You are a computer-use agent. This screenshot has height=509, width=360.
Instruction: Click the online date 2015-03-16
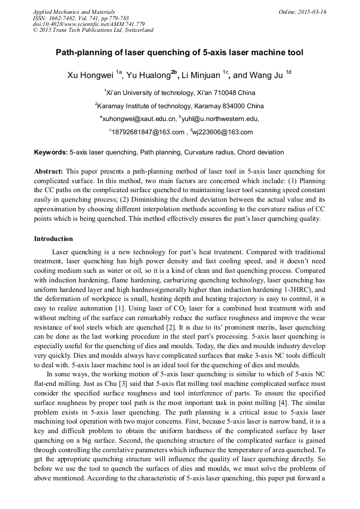(311, 12)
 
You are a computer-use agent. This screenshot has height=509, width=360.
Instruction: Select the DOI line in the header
(89, 24)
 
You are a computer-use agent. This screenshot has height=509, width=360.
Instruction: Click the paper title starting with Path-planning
(179, 53)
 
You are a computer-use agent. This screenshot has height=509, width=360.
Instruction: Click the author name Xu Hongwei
(90, 75)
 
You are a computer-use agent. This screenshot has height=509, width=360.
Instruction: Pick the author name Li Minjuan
(201, 75)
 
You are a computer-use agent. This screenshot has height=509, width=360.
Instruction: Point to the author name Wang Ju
(268, 75)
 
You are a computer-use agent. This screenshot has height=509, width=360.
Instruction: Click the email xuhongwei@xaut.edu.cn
(139, 119)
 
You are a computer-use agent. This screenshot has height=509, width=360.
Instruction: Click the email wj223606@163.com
(223, 132)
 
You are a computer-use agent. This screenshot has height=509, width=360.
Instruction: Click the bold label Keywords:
(51, 152)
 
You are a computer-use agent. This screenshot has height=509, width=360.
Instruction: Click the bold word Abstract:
(49, 171)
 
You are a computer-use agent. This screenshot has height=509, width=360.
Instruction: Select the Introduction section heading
(54, 239)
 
